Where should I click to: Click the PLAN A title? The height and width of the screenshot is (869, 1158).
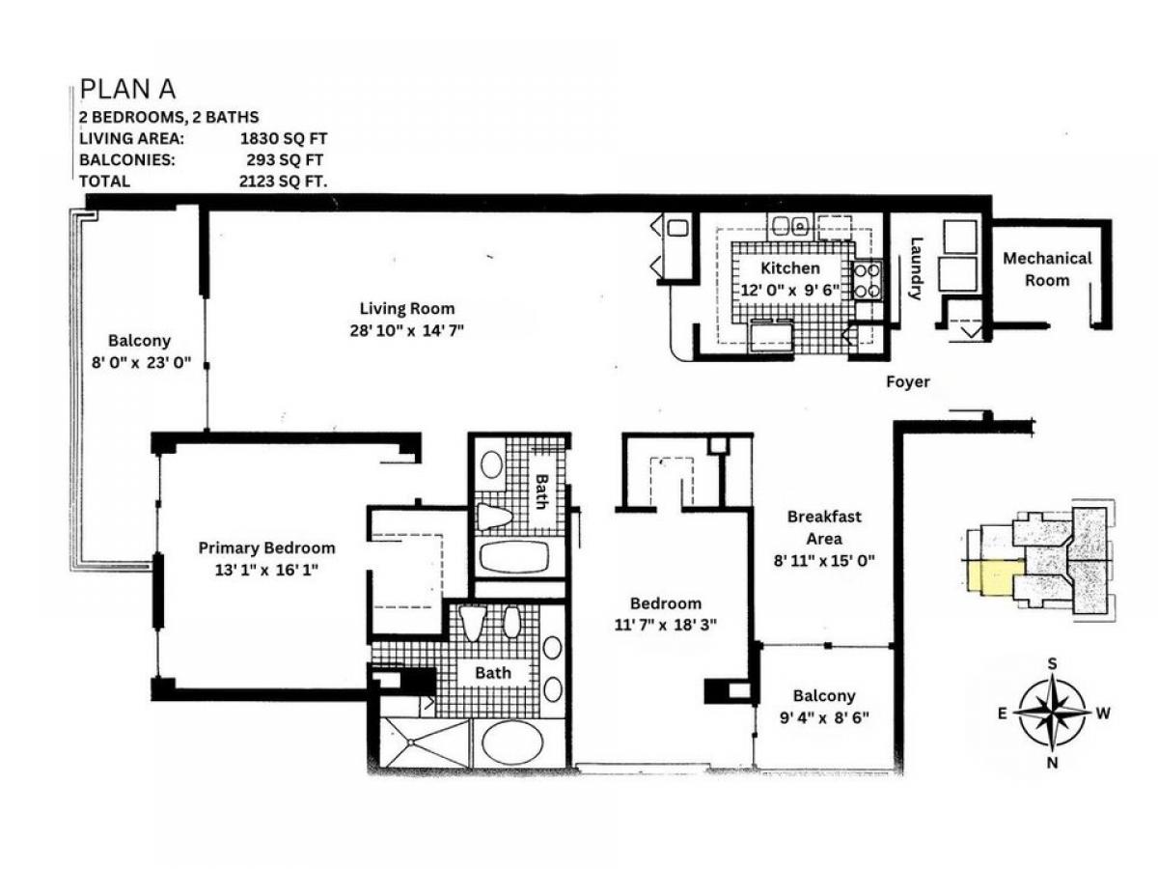click(x=127, y=89)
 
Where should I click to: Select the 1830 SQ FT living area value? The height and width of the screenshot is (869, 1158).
click(x=284, y=138)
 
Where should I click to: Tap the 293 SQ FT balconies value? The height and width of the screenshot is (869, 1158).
click(x=285, y=159)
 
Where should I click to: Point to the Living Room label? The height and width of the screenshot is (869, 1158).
click(x=407, y=308)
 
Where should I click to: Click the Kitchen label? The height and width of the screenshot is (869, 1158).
click(x=789, y=268)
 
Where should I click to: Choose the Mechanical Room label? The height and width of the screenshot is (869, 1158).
click(x=1047, y=269)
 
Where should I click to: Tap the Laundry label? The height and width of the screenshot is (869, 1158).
click(x=916, y=268)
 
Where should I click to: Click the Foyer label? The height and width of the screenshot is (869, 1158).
click(x=907, y=381)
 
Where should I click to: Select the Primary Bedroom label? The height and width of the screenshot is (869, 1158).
click(x=266, y=547)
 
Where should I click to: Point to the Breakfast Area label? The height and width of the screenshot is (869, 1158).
click(x=824, y=527)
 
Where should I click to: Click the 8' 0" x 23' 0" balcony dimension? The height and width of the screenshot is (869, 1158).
click(x=141, y=363)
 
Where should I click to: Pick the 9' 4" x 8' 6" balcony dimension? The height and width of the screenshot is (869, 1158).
click(x=824, y=717)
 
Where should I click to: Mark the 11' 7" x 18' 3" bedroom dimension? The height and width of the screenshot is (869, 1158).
click(x=665, y=625)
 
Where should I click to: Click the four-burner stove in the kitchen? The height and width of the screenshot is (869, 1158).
click(x=867, y=280)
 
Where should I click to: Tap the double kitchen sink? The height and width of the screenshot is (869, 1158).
click(x=790, y=226)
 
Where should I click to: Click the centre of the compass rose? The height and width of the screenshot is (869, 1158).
click(x=1052, y=713)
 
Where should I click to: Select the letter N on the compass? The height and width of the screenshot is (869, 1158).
click(x=1052, y=763)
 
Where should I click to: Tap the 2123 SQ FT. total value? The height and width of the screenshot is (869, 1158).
click(x=283, y=181)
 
